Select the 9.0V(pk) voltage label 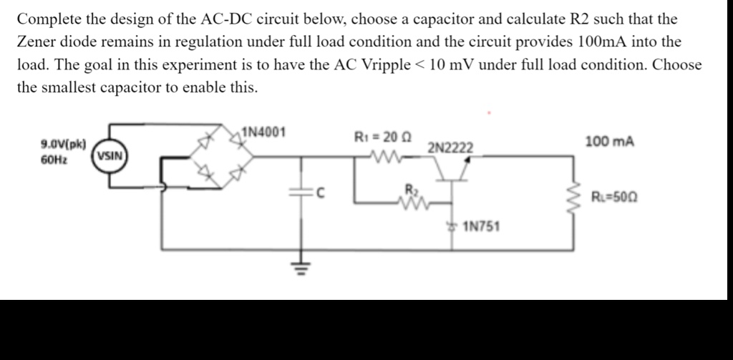tap(64, 144)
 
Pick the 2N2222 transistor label tap(450, 147)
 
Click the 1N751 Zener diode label tap(482, 227)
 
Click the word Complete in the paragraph tap(46, 19)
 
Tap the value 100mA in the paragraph tap(603, 42)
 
